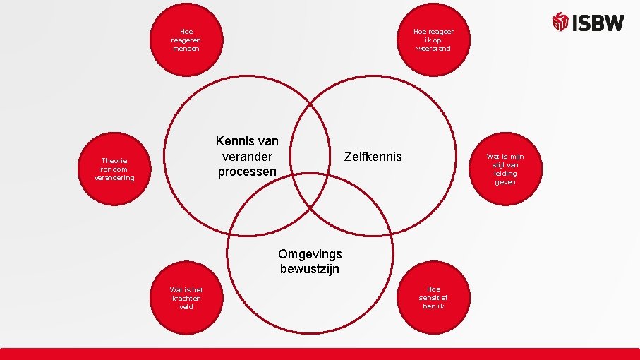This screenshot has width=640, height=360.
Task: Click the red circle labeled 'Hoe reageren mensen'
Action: [x=186, y=40]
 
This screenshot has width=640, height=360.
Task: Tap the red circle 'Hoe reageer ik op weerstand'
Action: [x=433, y=40]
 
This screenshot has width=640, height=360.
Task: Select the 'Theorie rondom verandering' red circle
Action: [x=114, y=169]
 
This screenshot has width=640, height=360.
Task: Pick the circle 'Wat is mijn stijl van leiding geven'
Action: [x=505, y=169]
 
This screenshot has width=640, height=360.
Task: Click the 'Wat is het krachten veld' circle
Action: [x=186, y=298]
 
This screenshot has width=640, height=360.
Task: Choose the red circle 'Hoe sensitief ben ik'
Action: [x=433, y=298]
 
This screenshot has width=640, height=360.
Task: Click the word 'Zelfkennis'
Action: [x=373, y=156]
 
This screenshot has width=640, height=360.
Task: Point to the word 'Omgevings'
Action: [x=310, y=254]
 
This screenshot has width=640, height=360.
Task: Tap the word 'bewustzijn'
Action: [x=310, y=269]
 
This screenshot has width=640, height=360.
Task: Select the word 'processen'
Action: [x=247, y=172]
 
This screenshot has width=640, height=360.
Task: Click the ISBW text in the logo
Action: [x=598, y=23]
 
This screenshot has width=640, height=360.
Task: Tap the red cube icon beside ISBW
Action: [x=560, y=22]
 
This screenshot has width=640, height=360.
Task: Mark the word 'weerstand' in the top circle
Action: [x=433, y=49]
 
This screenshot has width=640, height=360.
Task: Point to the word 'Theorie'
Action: [x=114, y=161]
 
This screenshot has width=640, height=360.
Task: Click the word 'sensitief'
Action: [x=433, y=298]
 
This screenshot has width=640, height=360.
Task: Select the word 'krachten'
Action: [x=186, y=299]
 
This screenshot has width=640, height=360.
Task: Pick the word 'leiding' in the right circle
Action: [x=505, y=174]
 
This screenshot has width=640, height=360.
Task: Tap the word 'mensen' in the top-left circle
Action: [x=186, y=49]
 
